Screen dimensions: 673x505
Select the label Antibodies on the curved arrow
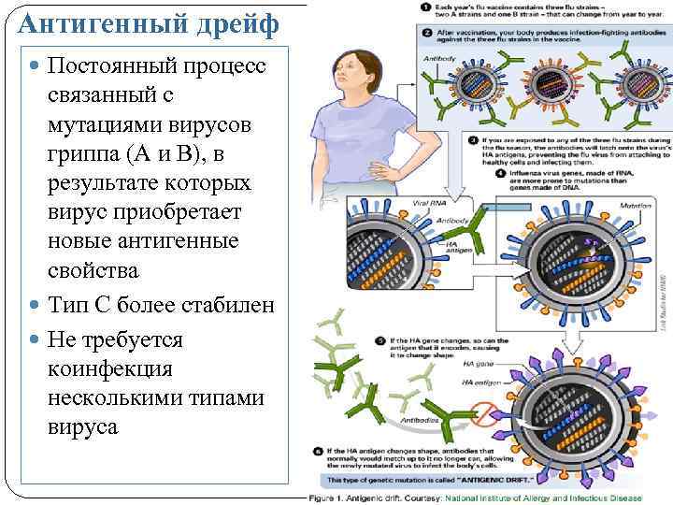click(416, 420)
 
